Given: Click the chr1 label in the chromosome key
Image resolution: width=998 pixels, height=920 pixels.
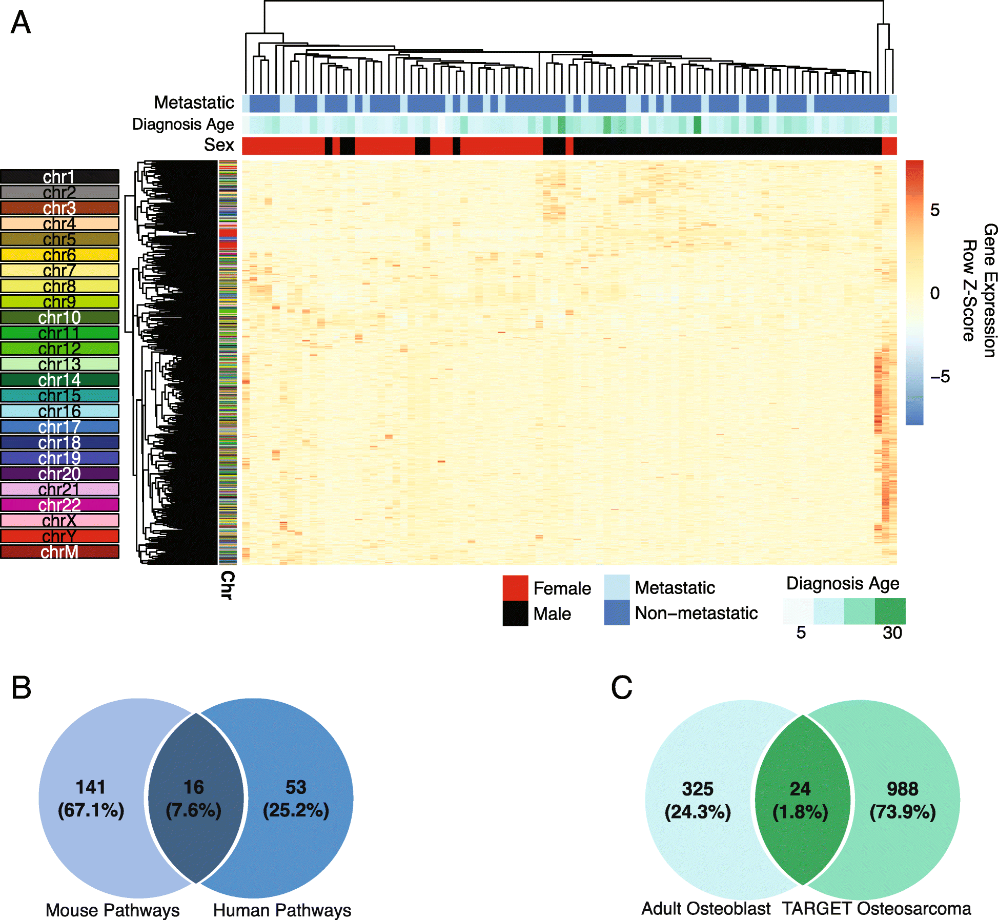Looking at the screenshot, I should click(x=59, y=177).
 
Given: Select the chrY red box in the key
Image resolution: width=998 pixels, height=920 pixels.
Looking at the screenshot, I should click(x=59, y=536).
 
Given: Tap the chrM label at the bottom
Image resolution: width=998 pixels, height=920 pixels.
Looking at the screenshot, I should click(x=59, y=552).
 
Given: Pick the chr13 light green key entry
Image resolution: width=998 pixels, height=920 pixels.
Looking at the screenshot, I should click(x=59, y=364).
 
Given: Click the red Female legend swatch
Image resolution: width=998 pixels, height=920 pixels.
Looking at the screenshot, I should click(x=515, y=588).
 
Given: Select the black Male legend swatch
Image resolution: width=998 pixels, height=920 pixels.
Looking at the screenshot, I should click(x=515, y=614).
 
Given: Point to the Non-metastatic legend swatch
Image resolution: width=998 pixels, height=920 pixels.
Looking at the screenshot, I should click(x=617, y=613).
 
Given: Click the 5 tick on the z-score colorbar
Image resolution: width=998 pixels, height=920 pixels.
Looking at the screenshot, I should click(x=935, y=210).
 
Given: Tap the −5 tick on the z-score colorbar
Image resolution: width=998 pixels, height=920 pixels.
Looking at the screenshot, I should click(x=940, y=377).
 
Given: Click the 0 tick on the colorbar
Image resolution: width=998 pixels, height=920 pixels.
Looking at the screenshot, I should click(x=935, y=293).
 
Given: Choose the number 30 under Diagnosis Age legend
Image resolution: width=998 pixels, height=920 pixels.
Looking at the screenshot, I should click(x=892, y=633).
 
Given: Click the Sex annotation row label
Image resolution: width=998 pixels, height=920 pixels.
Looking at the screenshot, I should click(x=219, y=145).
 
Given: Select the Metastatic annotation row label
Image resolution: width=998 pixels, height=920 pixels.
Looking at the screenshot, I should click(x=194, y=103).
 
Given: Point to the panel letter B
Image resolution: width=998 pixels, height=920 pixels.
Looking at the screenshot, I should click(x=21, y=688).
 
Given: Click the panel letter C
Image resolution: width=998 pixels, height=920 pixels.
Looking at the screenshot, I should click(x=621, y=688).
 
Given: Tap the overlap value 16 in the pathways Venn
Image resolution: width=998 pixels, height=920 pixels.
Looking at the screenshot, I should click(x=194, y=787).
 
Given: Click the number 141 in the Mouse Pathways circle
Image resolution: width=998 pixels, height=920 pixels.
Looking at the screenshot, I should click(x=91, y=787).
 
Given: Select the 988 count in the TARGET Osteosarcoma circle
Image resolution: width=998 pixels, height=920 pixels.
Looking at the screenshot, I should click(x=902, y=789).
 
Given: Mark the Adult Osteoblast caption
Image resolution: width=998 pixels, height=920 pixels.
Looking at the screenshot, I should click(x=705, y=909).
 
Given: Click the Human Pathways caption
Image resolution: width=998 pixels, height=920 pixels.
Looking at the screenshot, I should click(x=282, y=910).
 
